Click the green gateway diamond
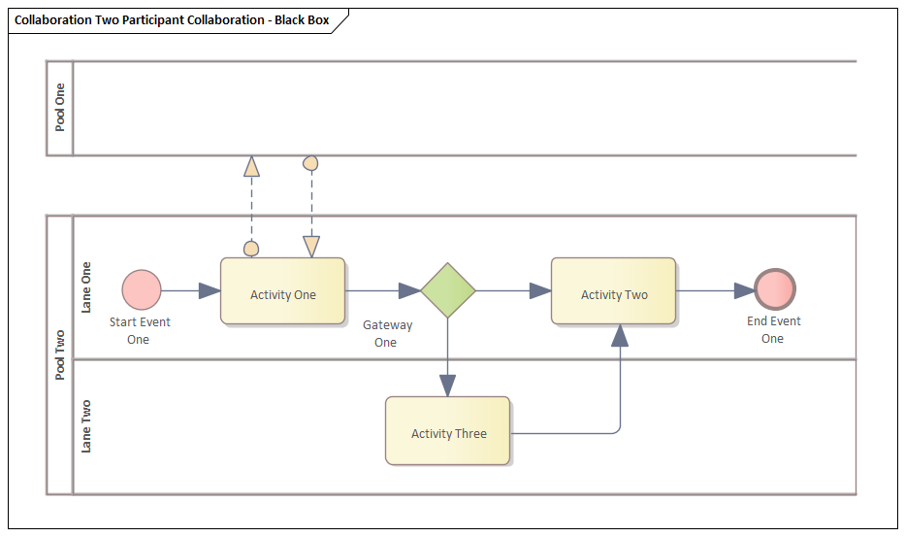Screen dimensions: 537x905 point(448,290)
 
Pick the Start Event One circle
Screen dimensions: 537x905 point(142,290)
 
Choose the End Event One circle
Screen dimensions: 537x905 point(775,289)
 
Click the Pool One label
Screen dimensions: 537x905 point(60,108)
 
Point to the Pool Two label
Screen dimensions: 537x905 point(60,354)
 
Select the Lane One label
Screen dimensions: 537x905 point(86,286)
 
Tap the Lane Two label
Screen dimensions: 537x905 point(86,426)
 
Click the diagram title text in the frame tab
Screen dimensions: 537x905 point(172,20)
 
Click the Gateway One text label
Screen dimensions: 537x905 point(386,334)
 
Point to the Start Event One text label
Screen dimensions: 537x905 point(139,331)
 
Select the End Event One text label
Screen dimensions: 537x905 point(772,330)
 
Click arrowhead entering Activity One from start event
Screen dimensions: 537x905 point(210,290)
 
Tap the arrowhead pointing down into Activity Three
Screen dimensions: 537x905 point(447,386)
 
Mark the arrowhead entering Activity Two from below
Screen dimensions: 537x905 point(620,336)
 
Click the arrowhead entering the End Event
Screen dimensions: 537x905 point(744,290)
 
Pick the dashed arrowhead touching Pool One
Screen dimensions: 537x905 point(251,165)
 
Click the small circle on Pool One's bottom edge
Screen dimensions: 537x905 point(311,162)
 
